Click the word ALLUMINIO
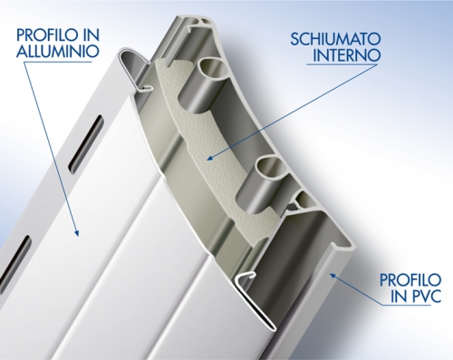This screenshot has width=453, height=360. click(x=58, y=51)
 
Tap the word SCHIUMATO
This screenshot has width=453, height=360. click(x=335, y=39)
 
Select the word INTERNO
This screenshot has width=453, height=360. click(x=346, y=55)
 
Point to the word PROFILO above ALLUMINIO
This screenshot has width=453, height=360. click(x=46, y=34)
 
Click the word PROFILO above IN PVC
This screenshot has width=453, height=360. click(x=410, y=280)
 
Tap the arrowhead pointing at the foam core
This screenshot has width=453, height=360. click(x=211, y=158)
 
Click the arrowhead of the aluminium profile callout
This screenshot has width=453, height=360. click(x=76, y=232)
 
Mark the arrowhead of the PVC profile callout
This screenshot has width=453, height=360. click(x=333, y=276)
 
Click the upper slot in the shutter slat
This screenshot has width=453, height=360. click(x=86, y=145)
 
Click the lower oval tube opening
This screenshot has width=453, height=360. click(x=270, y=167)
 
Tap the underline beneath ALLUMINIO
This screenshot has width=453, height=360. click(x=57, y=63)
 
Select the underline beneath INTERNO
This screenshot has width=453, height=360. click(x=342, y=64)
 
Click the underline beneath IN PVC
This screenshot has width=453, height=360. click(x=406, y=305)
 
